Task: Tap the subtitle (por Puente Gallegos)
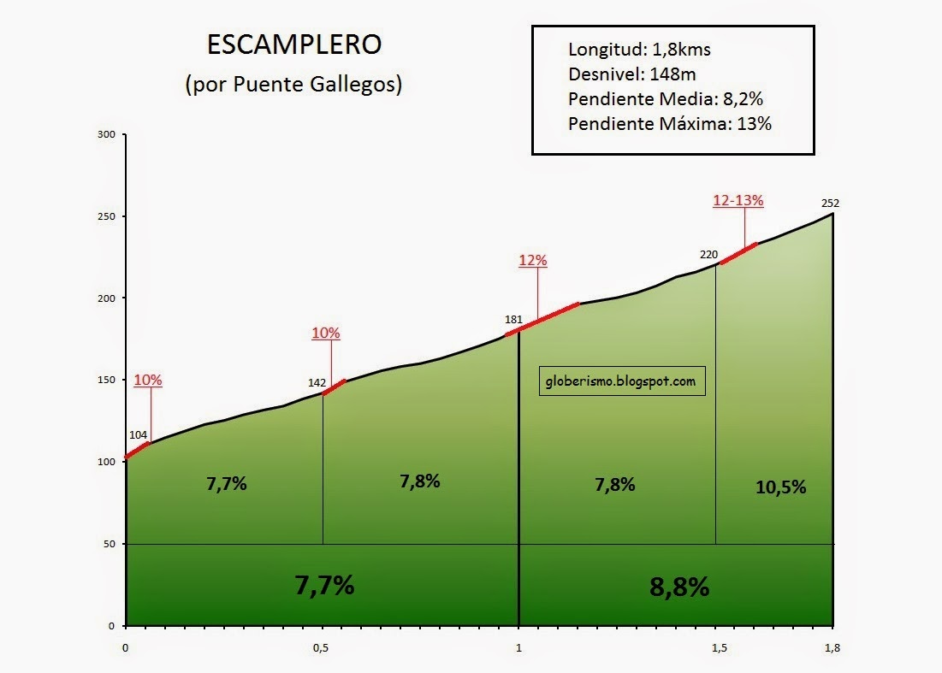(293, 86)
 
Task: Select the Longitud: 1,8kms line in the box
(639, 50)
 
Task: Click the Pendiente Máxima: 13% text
(670, 124)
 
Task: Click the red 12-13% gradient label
(738, 201)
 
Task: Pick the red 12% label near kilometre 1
(532, 261)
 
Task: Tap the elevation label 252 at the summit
(829, 204)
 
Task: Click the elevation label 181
(513, 320)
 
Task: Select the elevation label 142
(317, 383)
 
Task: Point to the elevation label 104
(138, 435)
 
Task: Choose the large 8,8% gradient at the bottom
(678, 587)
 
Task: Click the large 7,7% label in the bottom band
(324, 585)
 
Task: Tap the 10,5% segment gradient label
(780, 487)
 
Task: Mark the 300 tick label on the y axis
(105, 134)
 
